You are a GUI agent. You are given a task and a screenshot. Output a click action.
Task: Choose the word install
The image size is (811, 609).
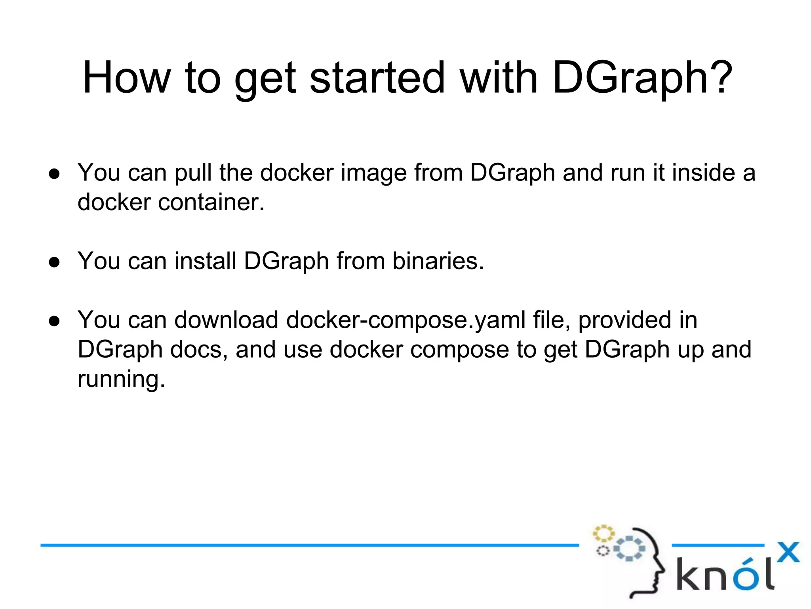205,261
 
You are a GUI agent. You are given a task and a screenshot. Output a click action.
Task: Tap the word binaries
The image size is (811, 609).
438,261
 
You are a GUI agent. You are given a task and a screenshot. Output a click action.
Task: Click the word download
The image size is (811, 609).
226,320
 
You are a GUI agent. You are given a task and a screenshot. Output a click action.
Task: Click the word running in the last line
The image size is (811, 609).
121,379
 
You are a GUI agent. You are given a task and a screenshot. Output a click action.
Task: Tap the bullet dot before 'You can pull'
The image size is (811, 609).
54,174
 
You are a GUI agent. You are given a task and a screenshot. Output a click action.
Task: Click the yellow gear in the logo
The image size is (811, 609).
603,533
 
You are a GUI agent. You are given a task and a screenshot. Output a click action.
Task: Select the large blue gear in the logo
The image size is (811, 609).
629,548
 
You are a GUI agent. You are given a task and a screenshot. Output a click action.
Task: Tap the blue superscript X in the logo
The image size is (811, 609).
788,552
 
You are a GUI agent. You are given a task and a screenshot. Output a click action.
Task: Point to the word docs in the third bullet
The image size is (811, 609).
198,350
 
